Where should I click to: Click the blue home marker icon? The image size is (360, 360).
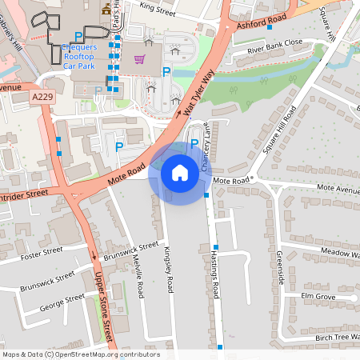click(180, 172)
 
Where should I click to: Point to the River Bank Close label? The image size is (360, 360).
click(274, 46)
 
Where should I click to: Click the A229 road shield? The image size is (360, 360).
click(43, 96)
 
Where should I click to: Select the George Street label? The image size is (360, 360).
click(62, 303)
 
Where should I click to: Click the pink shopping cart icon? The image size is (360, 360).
click(140, 58)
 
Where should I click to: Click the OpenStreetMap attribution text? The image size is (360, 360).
click(80, 354)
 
